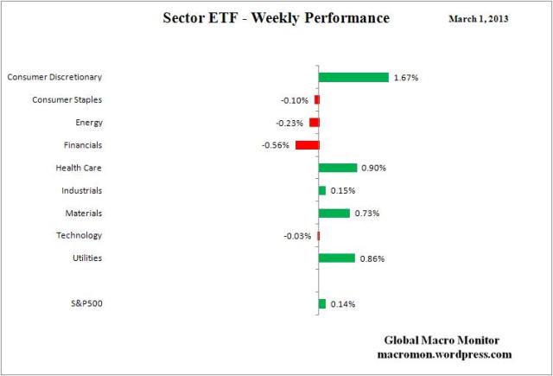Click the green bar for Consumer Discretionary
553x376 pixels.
point(353,77)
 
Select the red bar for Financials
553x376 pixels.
point(307,145)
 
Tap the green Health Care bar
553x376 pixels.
point(337,168)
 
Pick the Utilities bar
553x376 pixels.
point(336,258)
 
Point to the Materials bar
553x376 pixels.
point(334,213)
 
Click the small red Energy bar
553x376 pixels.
point(315,123)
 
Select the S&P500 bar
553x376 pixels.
point(322,303)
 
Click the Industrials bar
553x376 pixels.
point(322,190)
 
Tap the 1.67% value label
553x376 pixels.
point(405,78)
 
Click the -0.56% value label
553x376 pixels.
point(276,145)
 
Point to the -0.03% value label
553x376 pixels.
point(297,235)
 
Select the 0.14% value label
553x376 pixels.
point(342,304)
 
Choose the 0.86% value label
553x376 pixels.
point(372,258)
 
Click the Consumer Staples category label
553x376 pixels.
point(67,99)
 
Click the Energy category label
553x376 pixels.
point(89,123)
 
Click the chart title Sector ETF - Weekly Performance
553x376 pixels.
point(276,18)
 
